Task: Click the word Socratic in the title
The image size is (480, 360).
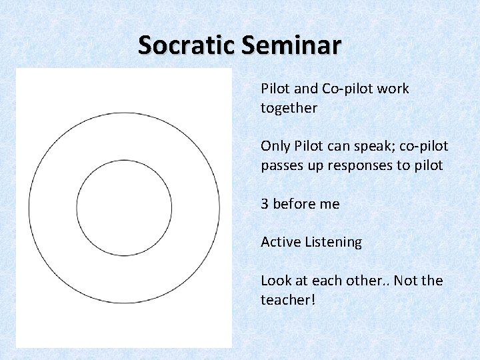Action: pos(187,45)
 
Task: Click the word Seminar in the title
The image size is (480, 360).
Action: pos(291,45)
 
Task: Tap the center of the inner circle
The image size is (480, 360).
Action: pos(124,208)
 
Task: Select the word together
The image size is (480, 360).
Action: pos(289,108)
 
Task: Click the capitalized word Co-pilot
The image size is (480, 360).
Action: pos(347,89)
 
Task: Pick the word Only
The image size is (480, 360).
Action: pos(275,146)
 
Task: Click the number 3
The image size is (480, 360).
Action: pos(265,204)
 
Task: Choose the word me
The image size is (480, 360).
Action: pos(330,204)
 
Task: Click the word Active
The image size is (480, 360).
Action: pos(280,242)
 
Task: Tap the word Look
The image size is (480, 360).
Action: pos(275,281)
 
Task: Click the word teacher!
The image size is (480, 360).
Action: pos(287,300)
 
